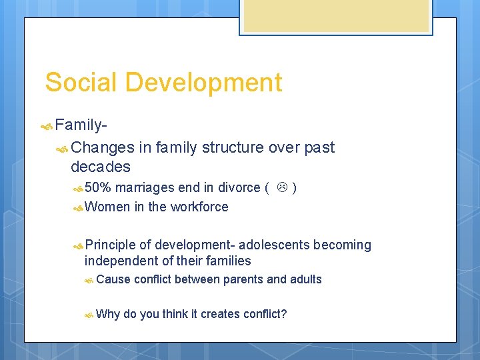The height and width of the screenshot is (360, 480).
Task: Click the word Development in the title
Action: click(x=203, y=83)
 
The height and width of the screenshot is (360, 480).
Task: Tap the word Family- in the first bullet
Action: click(x=82, y=125)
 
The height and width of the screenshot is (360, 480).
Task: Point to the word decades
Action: click(x=100, y=166)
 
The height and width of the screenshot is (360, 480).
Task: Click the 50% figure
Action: click(x=98, y=188)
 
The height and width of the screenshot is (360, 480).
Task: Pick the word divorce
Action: click(x=240, y=188)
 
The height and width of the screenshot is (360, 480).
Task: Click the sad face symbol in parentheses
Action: click(x=282, y=188)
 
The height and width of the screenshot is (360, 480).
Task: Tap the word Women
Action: click(x=107, y=207)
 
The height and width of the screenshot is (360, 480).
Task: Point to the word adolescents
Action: click(x=274, y=245)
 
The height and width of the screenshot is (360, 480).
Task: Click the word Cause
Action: click(x=113, y=279)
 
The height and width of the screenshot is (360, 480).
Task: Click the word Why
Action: click(x=108, y=313)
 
